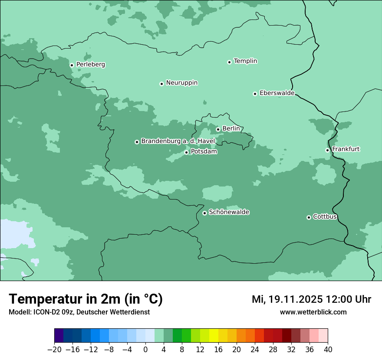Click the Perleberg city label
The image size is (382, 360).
tap(90, 65)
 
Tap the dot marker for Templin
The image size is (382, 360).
tap(229, 62)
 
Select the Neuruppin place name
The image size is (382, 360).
tap(181, 83)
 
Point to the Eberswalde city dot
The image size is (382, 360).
tap(255, 94)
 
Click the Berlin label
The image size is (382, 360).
tap(231, 129)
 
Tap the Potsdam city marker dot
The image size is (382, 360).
tap(187, 152)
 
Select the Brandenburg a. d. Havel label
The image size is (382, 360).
tap(178, 141)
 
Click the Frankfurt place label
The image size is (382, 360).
tap(346, 149)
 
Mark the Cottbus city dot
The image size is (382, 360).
tap(309, 217)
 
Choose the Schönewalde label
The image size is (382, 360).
tap(229, 212)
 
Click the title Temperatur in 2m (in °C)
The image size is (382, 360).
tap(86, 299)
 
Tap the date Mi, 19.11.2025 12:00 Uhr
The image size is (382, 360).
tap(311, 299)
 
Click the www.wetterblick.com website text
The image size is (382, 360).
tap(313, 312)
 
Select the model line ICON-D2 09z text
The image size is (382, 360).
tap(79, 312)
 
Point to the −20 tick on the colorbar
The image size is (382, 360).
tap(54, 350)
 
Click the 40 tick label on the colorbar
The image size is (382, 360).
tap(328, 350)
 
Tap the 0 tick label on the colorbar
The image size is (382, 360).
tap(145, 350)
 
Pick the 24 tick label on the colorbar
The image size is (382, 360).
tap(255, 350)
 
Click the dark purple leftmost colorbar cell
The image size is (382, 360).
tap(59, 336)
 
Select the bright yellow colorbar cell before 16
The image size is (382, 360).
tap(214, 336)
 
